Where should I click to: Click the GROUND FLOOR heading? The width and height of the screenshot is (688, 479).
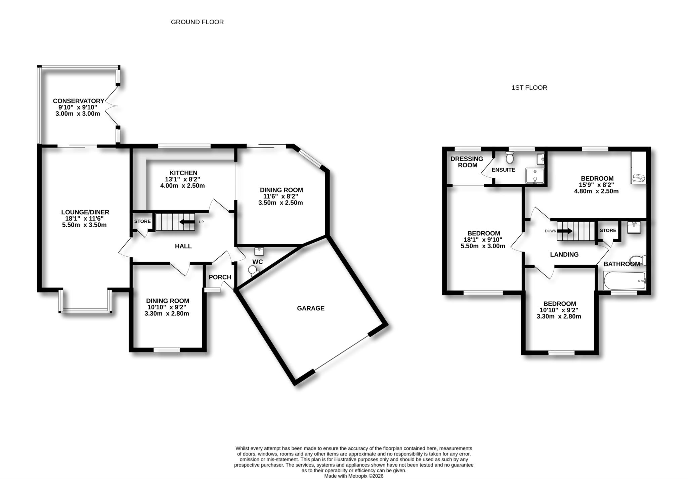pyautogui.click(x=197, y=22)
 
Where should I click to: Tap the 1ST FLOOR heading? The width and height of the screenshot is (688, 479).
pyautogui.click(x=529, y=88)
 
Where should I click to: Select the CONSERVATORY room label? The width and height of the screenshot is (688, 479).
pyautogui.click(x=79, y=101)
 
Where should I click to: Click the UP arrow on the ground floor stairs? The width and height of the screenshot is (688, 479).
pyautogui.click(x=187, y=222)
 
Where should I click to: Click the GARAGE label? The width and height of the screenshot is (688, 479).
pyautogui.click(x=310, y=308)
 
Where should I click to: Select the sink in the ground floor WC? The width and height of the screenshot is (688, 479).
pyautogui.click(x=259, y=251)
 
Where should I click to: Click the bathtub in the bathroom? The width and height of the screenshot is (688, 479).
pyautogui.click(x=624, y=281)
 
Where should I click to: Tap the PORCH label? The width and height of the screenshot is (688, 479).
pyautogui.click(x=220, y=277)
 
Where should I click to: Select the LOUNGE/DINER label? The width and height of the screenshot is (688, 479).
pyautogui.click(x=85, y=212)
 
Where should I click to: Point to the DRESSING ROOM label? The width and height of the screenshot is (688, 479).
pyautogui.click(x=467, y=162)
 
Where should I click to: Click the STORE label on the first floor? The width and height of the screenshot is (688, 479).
pyautogui.click(x=608, y=230)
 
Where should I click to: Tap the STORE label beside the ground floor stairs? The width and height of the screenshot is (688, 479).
pyautogui.click(x=142, y=221)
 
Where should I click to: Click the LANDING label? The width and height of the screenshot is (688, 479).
pyautogui.click(x=564, y=255)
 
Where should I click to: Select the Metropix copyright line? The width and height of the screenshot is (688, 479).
pyautogui.click(x=353, y=476)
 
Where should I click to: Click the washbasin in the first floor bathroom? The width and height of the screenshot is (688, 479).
pyautogui.click(x=634, y=227)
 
